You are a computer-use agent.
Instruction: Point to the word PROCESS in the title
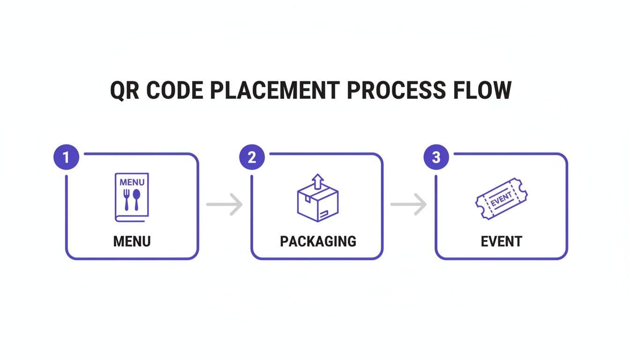pyautogui.click(x=397, y=90)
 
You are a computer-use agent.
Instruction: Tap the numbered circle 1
pyautogui.click(x=66, y=157)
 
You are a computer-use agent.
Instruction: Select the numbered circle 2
pyautogui.click(x=252, y=157)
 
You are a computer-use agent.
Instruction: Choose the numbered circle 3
pyautogui.click(x=436, y=157)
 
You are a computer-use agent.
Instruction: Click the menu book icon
pyautogui.click(x=132, y=197)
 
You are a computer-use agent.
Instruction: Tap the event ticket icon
pyautogui.click(x=501, y=199)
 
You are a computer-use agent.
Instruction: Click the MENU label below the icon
pyautogui.click(x=132, y=241)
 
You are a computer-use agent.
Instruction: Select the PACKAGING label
pyautogui.click(x=318, y=241)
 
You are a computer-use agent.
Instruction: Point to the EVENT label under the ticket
pyautogui.click(x=501, y=241)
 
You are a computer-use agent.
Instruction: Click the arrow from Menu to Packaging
pyautogui.click(x=225, y=204)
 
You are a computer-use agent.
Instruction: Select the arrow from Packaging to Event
pyautogui.click(x=409, y=204)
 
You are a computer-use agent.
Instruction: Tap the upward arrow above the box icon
pyautogui.click(x=318, y=180)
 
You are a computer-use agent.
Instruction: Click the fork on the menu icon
pyautogui.click(x=126, y=199)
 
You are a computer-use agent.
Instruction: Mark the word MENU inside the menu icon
pyautogui.click(x=132, y=182)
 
